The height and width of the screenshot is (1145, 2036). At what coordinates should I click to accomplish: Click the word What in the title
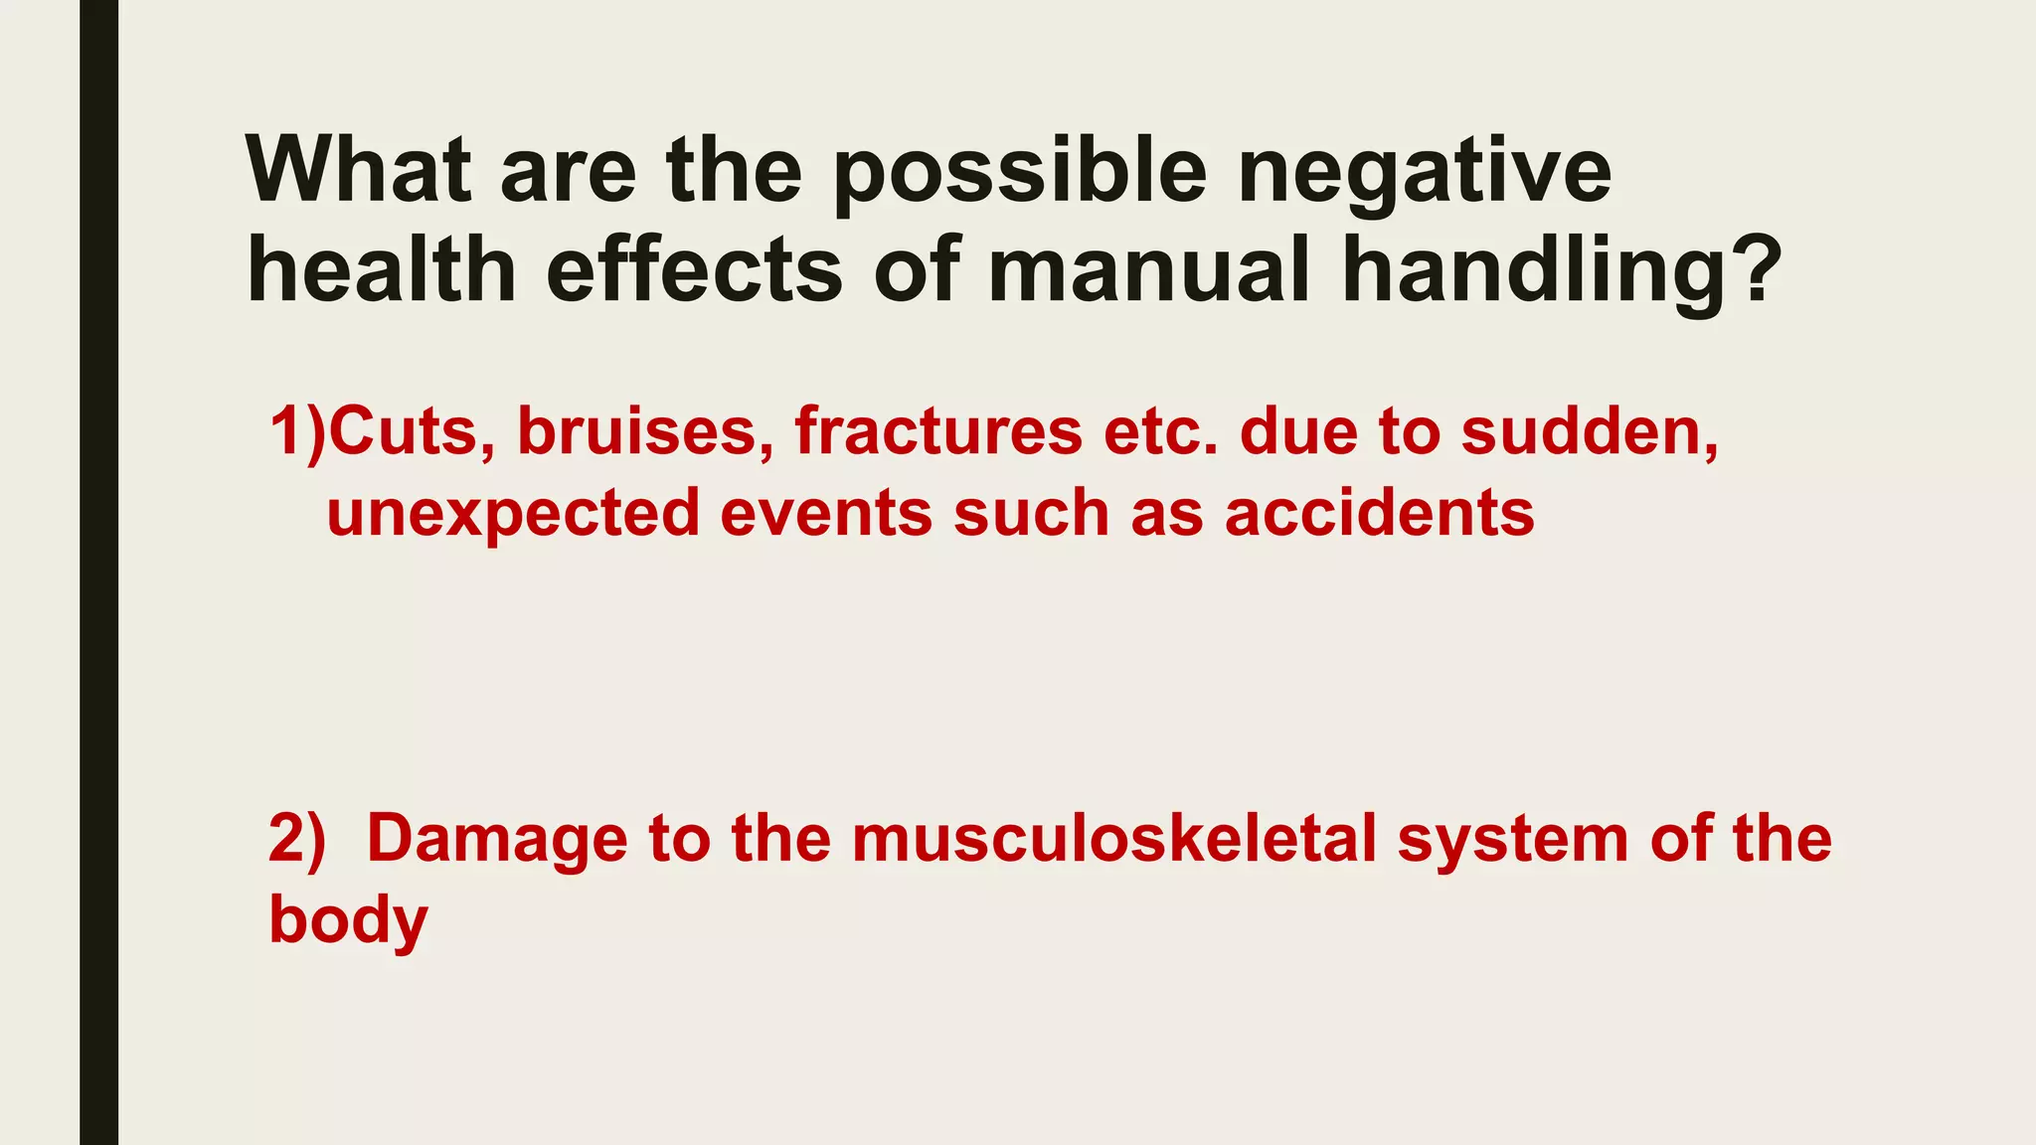pos(358,171)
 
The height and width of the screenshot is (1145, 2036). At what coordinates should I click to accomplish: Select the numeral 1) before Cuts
pos(296,432)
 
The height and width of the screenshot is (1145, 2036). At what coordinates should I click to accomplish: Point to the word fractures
pos(937,432)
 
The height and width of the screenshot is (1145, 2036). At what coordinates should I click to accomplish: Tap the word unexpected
pos(513,514)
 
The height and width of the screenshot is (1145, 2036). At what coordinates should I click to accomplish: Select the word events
pos(826,514)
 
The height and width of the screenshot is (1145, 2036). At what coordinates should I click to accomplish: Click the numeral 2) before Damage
pos(296,838)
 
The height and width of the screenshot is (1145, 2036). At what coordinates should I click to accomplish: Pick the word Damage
pos(497,838)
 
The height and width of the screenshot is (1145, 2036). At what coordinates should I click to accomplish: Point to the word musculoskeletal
pos(1113,838)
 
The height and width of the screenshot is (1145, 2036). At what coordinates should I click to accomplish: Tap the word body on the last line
pos(348,920)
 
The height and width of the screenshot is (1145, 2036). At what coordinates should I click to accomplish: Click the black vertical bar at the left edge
pos(98,572)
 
